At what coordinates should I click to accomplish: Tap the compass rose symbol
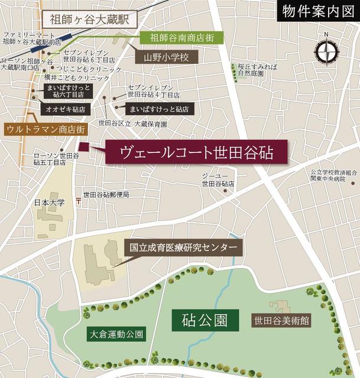click(326, 53)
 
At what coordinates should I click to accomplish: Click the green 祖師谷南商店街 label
click(177, 38)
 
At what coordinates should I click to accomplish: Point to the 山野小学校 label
click(167, 57)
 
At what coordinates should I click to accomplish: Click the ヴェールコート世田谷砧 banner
click(197, 152)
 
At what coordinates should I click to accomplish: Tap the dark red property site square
click(83, 146)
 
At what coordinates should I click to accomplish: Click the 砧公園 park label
click(205, 321)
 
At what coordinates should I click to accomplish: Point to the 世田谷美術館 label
click(281, 321)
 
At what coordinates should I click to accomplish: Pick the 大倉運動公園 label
click(115, 334)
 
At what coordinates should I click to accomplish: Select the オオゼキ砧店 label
click(64, 109)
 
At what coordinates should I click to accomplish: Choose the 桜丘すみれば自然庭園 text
click(255, 70)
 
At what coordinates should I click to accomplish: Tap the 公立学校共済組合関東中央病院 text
click(334, 177)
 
